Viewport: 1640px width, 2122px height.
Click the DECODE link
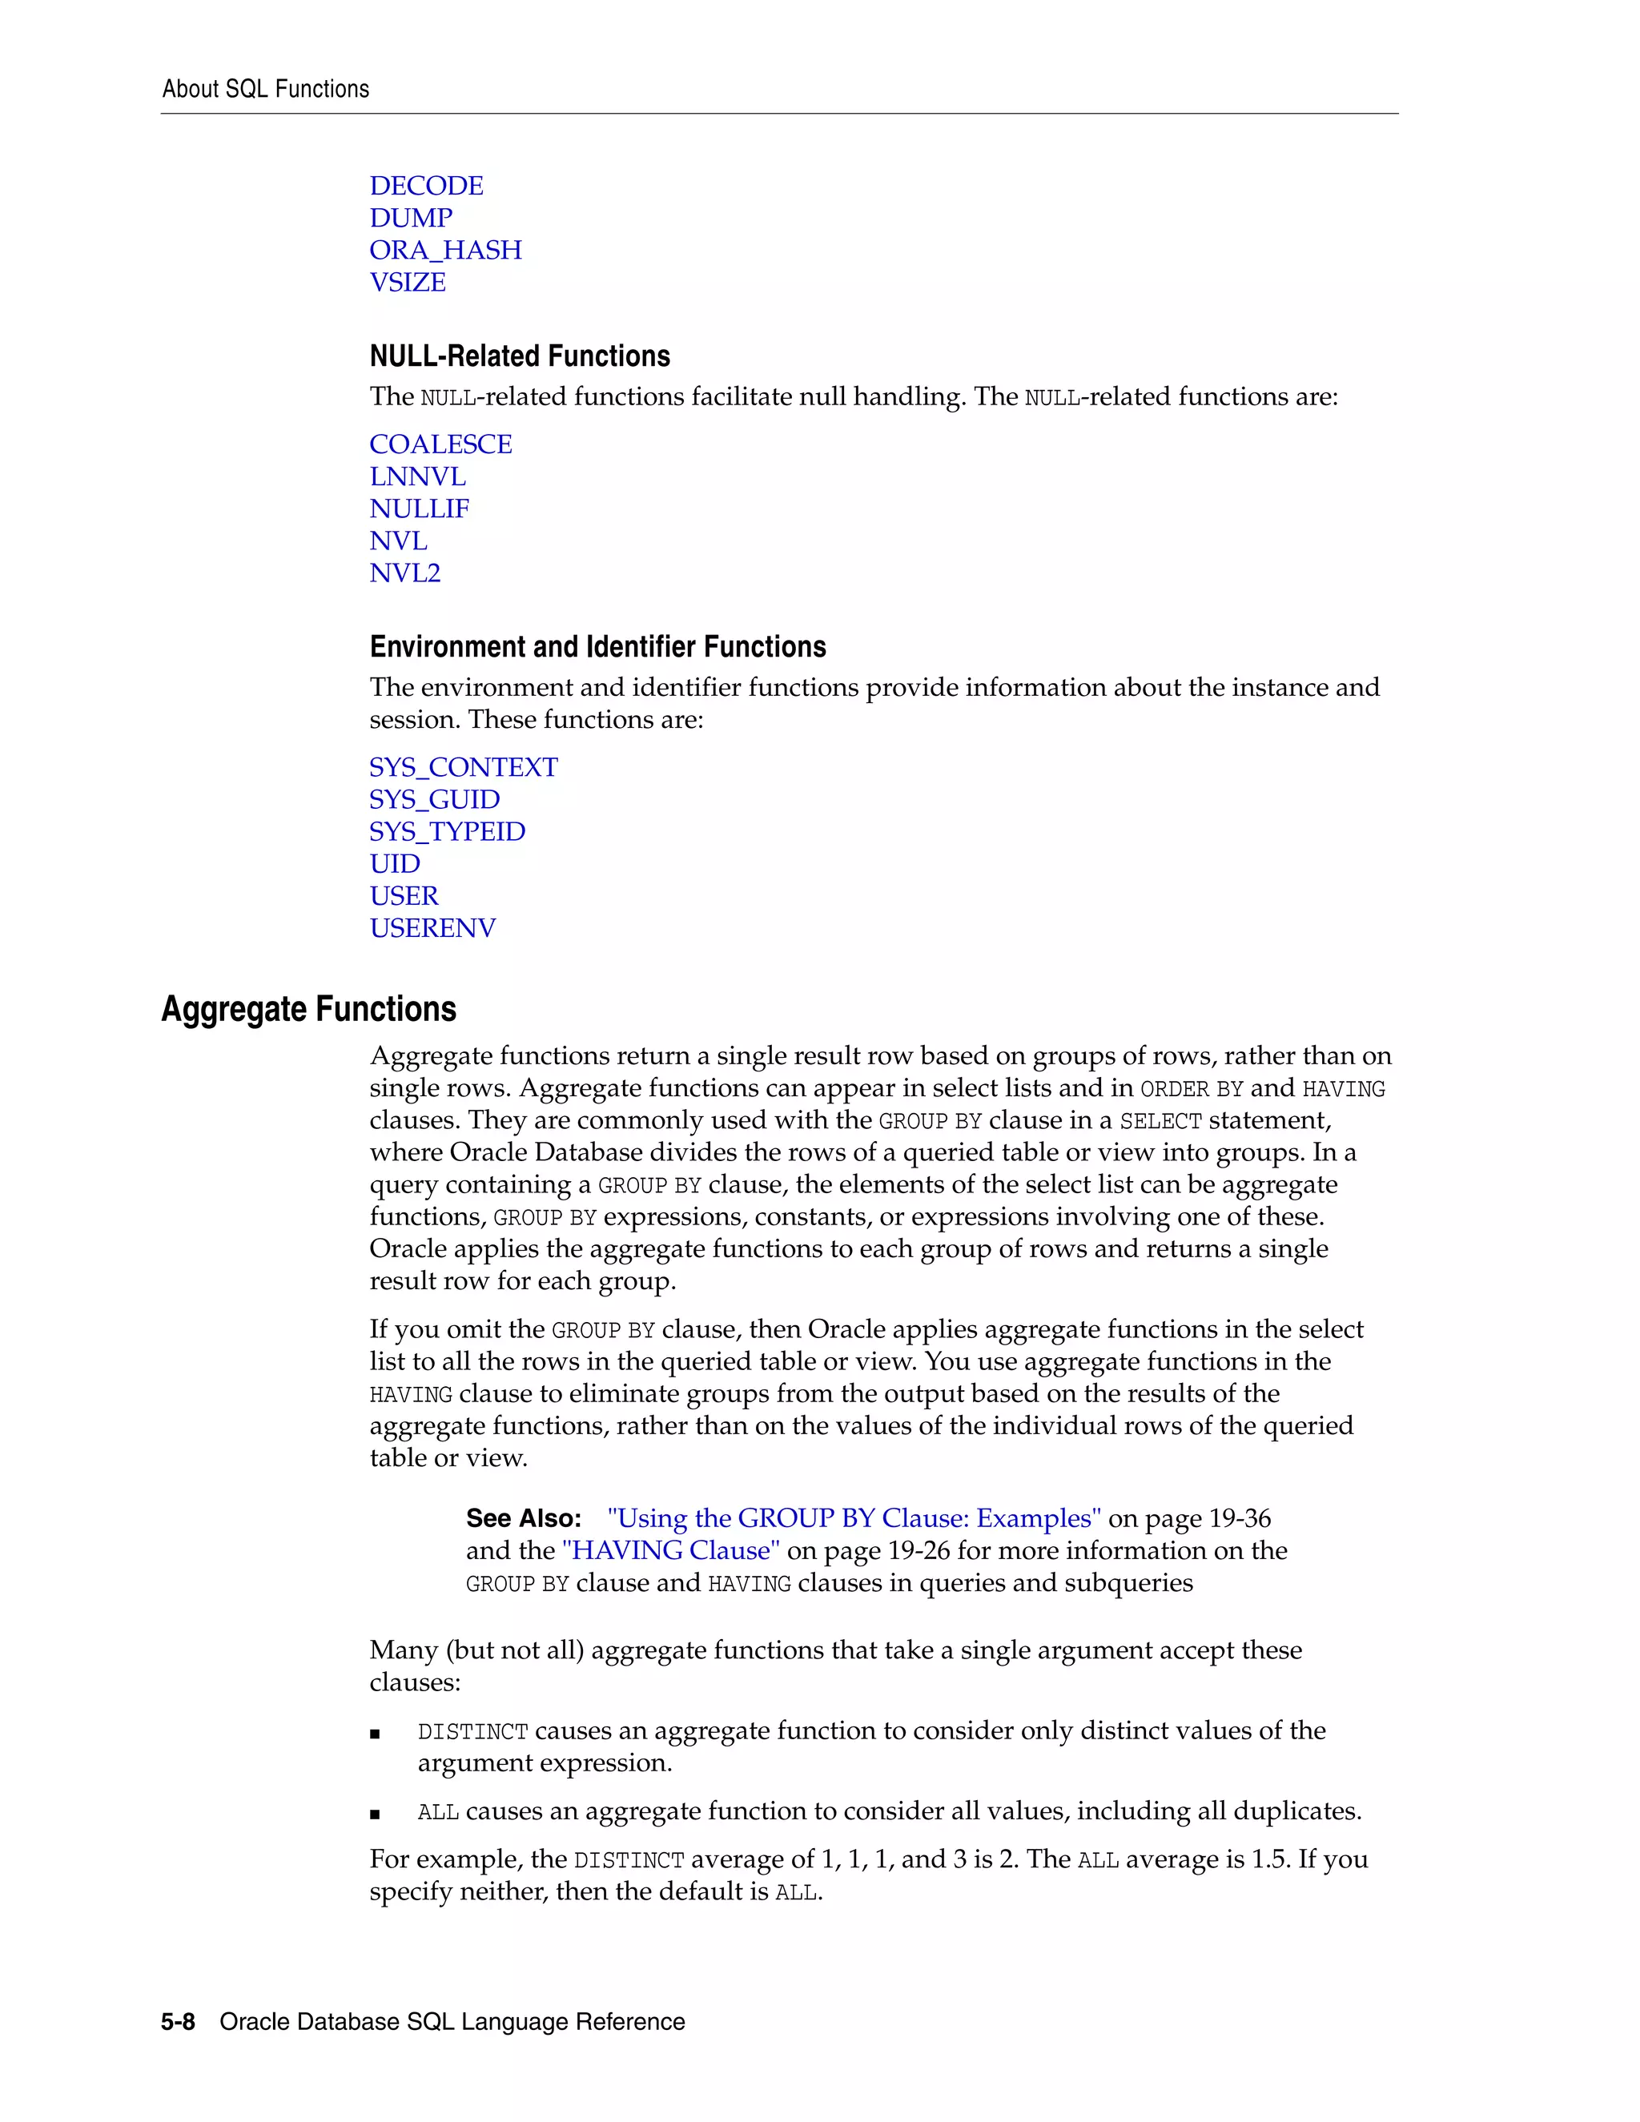[425, 186]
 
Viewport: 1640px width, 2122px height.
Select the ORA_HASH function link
[445, 250]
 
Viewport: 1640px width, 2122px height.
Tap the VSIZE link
[407, 282]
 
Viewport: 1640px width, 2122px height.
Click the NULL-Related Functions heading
[519, 356]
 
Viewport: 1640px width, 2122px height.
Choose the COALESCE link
[440, 444]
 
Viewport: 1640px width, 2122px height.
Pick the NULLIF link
[419, 508]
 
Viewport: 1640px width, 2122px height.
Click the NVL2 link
[404, 573]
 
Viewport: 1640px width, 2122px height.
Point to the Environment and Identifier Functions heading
[597, 646]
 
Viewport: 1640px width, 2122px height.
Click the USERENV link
[432, 928]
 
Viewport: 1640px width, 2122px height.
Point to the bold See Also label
[523, 1517]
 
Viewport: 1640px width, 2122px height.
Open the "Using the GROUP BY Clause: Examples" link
[853, 1517]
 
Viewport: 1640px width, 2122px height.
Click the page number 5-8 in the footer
[178, 2021]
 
